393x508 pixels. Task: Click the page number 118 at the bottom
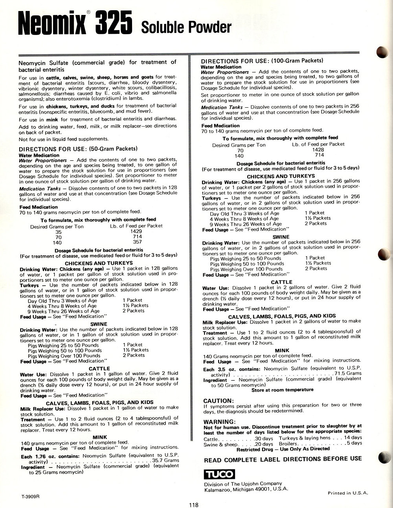click(x=193, y=505)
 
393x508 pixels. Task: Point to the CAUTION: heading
click(x=219, y=401)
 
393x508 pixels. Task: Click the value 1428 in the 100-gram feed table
click(x=318, y=150)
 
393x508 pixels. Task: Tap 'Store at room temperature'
click(x=282, y=390)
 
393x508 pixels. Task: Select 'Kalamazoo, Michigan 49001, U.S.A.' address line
click(x=246, y=489)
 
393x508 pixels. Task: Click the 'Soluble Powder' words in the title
click(x=186, y=28)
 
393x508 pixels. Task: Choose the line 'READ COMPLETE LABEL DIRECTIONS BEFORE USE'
click(x=283, y=458)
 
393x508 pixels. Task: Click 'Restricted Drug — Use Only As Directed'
click(x=283, y=448)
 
